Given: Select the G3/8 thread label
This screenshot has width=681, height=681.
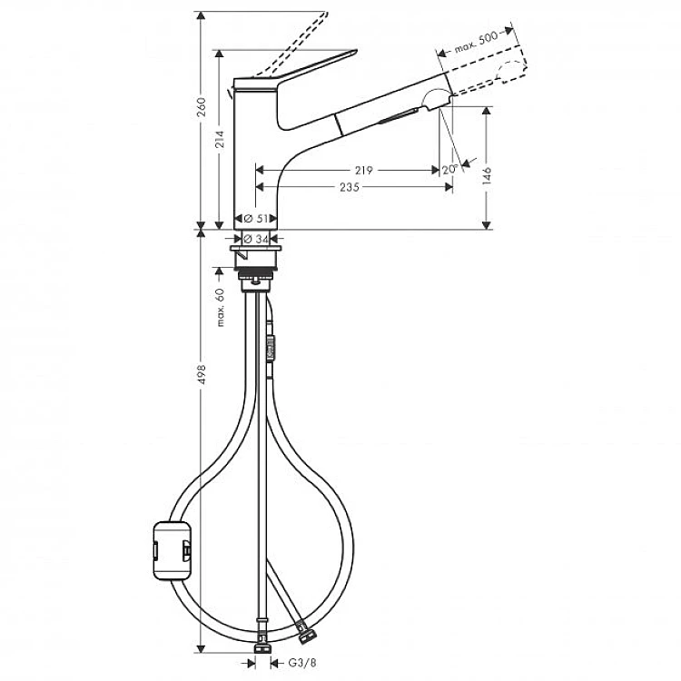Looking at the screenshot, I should (x=301, y=662).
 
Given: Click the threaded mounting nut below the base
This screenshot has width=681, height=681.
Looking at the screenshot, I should (x=258, y=271).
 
